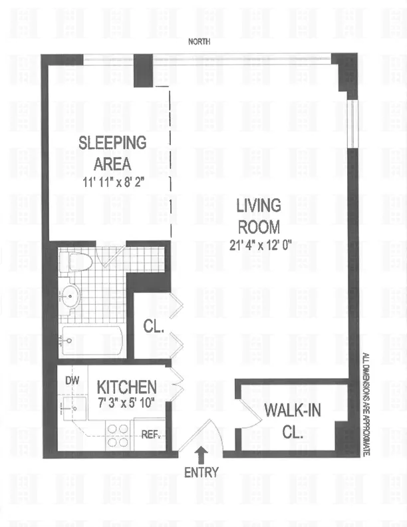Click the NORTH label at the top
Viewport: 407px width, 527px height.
click(199, 41)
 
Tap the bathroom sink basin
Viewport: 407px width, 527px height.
click(68, 293)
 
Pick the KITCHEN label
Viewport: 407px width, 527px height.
click(127, 387)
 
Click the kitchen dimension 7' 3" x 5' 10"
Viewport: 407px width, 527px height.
click(127, 402)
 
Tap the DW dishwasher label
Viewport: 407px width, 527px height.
click(72, 381)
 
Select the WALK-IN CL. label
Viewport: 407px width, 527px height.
click(292, 419)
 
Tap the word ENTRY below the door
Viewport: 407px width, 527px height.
click(201, 474)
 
